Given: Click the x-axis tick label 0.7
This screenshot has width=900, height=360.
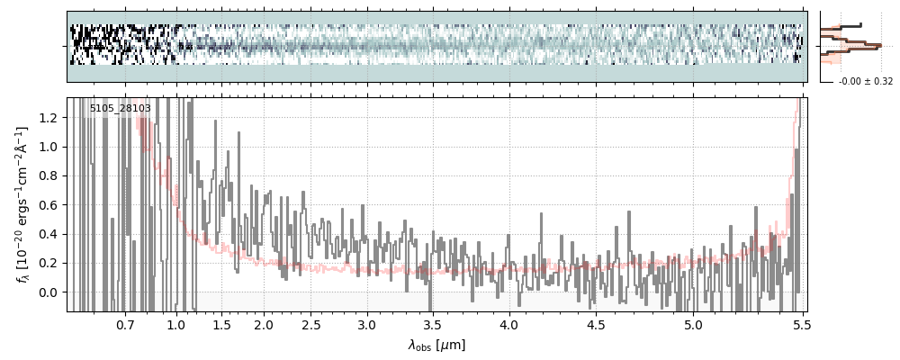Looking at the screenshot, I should tap(125, 324).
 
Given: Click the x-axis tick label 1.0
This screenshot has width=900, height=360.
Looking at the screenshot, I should tap(175, 324).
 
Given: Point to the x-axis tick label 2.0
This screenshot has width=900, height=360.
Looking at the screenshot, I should tap(264, 324).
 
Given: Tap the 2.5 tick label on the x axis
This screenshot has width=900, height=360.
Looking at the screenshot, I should tap(310, 324).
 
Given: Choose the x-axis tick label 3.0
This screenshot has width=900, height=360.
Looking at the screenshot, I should tap(366, 324).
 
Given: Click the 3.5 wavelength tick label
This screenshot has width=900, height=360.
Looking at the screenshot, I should tap(433, 324).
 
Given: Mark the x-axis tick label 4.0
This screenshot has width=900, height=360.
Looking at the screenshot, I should tap(508, 324).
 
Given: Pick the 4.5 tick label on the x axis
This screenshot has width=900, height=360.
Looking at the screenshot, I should tap(595, 324).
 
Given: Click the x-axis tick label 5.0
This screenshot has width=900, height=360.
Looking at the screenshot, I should tap(693, 324).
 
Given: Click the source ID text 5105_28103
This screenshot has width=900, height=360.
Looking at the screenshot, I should tap(120, 108).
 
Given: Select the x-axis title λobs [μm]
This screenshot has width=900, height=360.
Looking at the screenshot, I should tap(436, 345).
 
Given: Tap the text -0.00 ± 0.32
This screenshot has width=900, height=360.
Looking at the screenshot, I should tap(865, 81).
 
